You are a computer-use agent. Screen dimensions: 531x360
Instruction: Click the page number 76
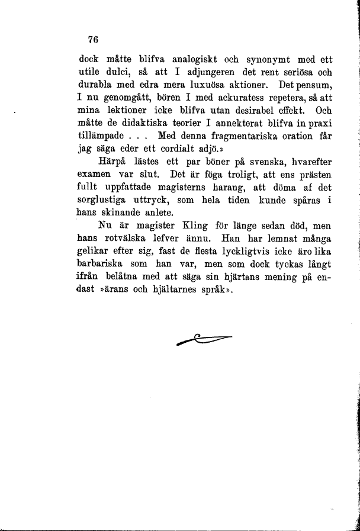point(92,40)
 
